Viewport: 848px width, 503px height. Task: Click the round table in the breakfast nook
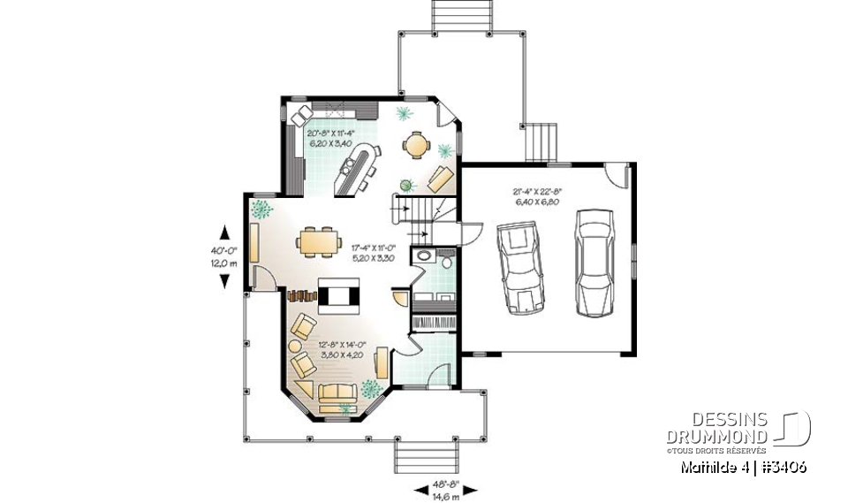(415, 145)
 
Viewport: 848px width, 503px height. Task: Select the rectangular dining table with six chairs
(317, 241)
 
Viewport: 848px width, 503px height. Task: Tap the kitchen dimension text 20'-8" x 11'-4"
(329, 138)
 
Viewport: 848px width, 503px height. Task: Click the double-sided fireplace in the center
(339, 296)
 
